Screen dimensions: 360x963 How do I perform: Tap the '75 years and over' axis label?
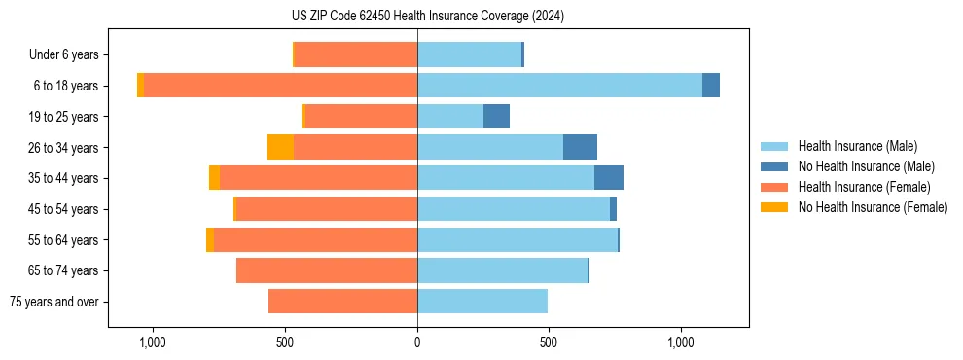click(x=53, y=302)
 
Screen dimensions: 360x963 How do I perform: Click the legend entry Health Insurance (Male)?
click(x=857, y=146)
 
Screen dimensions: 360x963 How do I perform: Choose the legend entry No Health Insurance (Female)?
click(x=873, y=207)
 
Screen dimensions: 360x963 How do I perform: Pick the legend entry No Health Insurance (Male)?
click(x=866, y=166)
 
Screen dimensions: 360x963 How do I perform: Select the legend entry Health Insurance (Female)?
click(x=864, y=187)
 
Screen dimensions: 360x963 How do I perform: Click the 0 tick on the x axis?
click(x=417, y=342)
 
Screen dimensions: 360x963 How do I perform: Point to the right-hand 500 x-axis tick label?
click(x=549, y=342)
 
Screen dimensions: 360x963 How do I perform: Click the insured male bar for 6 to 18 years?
click(x=559, y=85)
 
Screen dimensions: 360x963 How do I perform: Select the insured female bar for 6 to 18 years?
click(x=280, y=85)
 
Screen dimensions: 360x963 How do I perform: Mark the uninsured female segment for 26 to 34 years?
click(x=280, y=147)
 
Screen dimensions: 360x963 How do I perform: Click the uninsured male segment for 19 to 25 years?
click(x=496, y=116)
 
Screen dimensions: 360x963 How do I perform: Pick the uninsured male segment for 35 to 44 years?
click(x=609, y=178)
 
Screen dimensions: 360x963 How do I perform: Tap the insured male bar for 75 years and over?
click(x=482, y=302)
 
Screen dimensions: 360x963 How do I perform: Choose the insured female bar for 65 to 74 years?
click(x=327, y=270)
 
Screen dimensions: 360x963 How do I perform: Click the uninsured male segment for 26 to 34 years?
click(x=580, y=147)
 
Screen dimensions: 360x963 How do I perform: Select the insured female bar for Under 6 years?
click(x=355, y=54)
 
